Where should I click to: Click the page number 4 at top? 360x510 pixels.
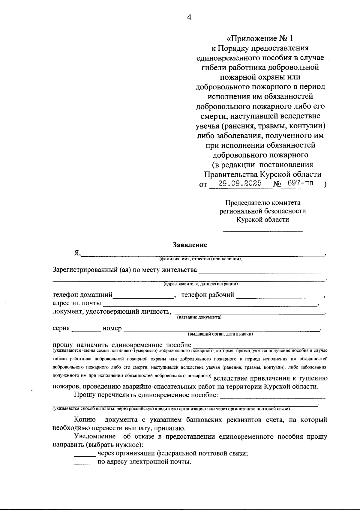189,17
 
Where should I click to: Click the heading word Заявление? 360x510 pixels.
190,245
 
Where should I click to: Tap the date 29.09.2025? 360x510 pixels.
240,183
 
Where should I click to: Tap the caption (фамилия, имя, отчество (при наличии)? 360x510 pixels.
201,259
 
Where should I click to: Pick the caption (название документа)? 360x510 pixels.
199,317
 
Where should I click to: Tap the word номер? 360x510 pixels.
112,328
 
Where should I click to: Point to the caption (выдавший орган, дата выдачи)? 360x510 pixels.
220,334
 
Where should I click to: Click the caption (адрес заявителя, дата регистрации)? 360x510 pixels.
201,284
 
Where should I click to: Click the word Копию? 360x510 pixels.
85,420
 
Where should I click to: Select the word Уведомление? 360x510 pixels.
95,437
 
